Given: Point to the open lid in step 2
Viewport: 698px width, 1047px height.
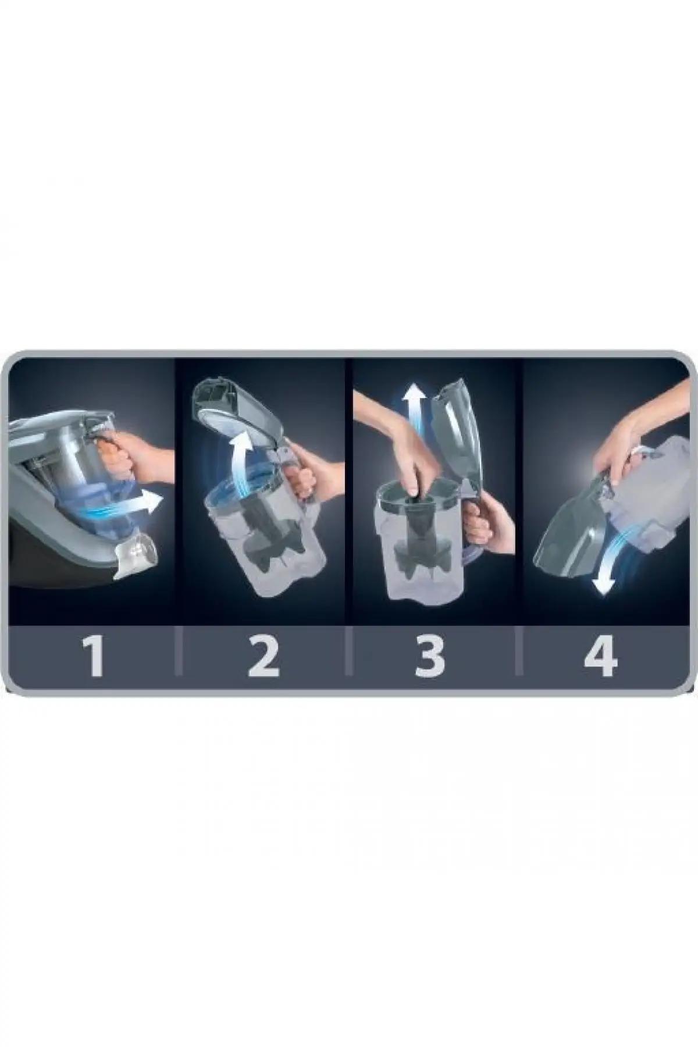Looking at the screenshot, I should (233, 401).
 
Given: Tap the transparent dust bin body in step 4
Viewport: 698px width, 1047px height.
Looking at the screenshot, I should (646, 500).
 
